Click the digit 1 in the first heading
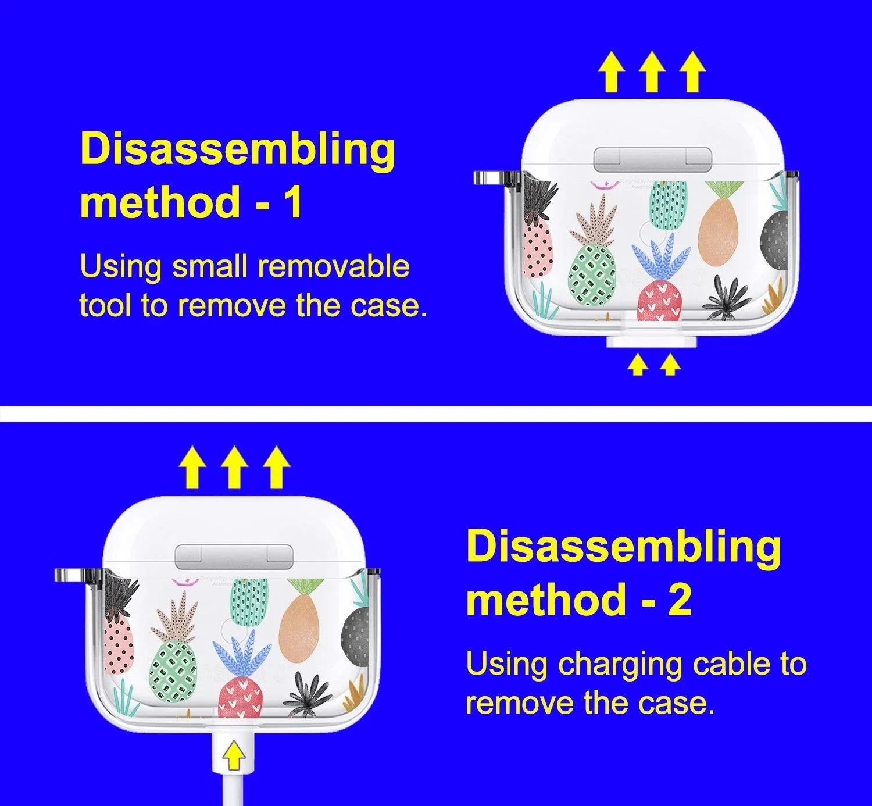tap(294, 201)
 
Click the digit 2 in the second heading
tap(679, 598)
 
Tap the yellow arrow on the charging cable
tap(233, 755)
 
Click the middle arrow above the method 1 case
tap(652, 72)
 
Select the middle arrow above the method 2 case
tap(235, 468)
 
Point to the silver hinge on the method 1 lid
tap(652, 159)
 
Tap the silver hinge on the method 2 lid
tap(234, 557)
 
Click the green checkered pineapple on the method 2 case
tap(173, 672)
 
